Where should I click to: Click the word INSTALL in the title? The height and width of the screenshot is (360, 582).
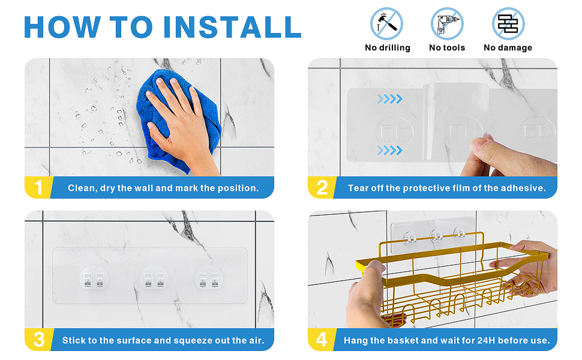point(232,27)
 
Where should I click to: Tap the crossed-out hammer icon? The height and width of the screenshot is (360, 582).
point(386,24)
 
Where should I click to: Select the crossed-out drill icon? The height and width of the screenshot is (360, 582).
point(447,24)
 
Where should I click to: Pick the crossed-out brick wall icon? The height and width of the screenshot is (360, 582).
point(508,24)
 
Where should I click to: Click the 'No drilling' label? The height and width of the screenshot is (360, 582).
point(388,47)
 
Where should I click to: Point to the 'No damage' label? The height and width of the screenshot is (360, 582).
point(508,47)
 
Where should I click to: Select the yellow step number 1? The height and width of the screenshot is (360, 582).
point(38,187)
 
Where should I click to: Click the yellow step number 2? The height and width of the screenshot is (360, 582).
point(322,187)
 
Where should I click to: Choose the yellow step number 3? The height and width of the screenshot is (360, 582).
point(39,340)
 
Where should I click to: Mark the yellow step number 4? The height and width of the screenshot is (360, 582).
point(322,340)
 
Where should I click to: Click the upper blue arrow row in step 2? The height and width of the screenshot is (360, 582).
point(390,99)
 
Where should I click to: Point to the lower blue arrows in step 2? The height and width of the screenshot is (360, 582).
point(390,151)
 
